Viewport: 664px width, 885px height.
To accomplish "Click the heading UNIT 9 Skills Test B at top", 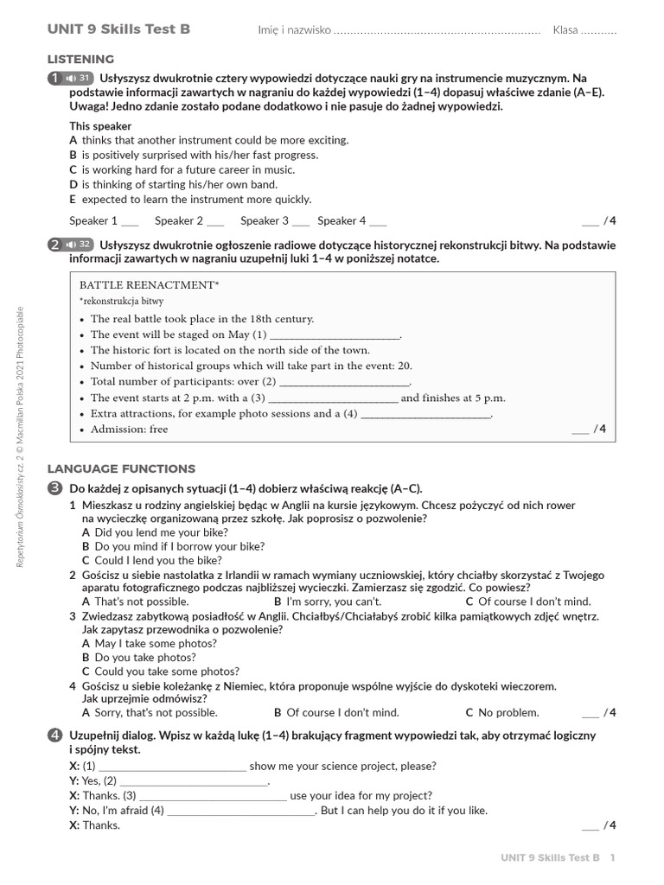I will [118, 29].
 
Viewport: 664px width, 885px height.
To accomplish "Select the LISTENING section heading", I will [80, 59].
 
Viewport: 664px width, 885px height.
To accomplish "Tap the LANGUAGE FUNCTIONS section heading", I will [121, 468].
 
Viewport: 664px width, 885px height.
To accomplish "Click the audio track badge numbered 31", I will [78, 79].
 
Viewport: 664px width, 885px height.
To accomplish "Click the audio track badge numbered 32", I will [78, 245].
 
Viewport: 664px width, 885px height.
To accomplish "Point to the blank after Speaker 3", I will [301, 221].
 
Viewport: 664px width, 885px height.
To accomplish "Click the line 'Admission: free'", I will [130, 430].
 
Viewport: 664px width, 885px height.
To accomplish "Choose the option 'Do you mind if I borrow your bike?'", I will [179, 546].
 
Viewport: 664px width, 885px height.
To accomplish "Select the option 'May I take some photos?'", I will [155, 643].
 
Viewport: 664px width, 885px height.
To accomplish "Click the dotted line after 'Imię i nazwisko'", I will [437, 31].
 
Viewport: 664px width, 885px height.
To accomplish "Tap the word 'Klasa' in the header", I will [565, 30].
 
